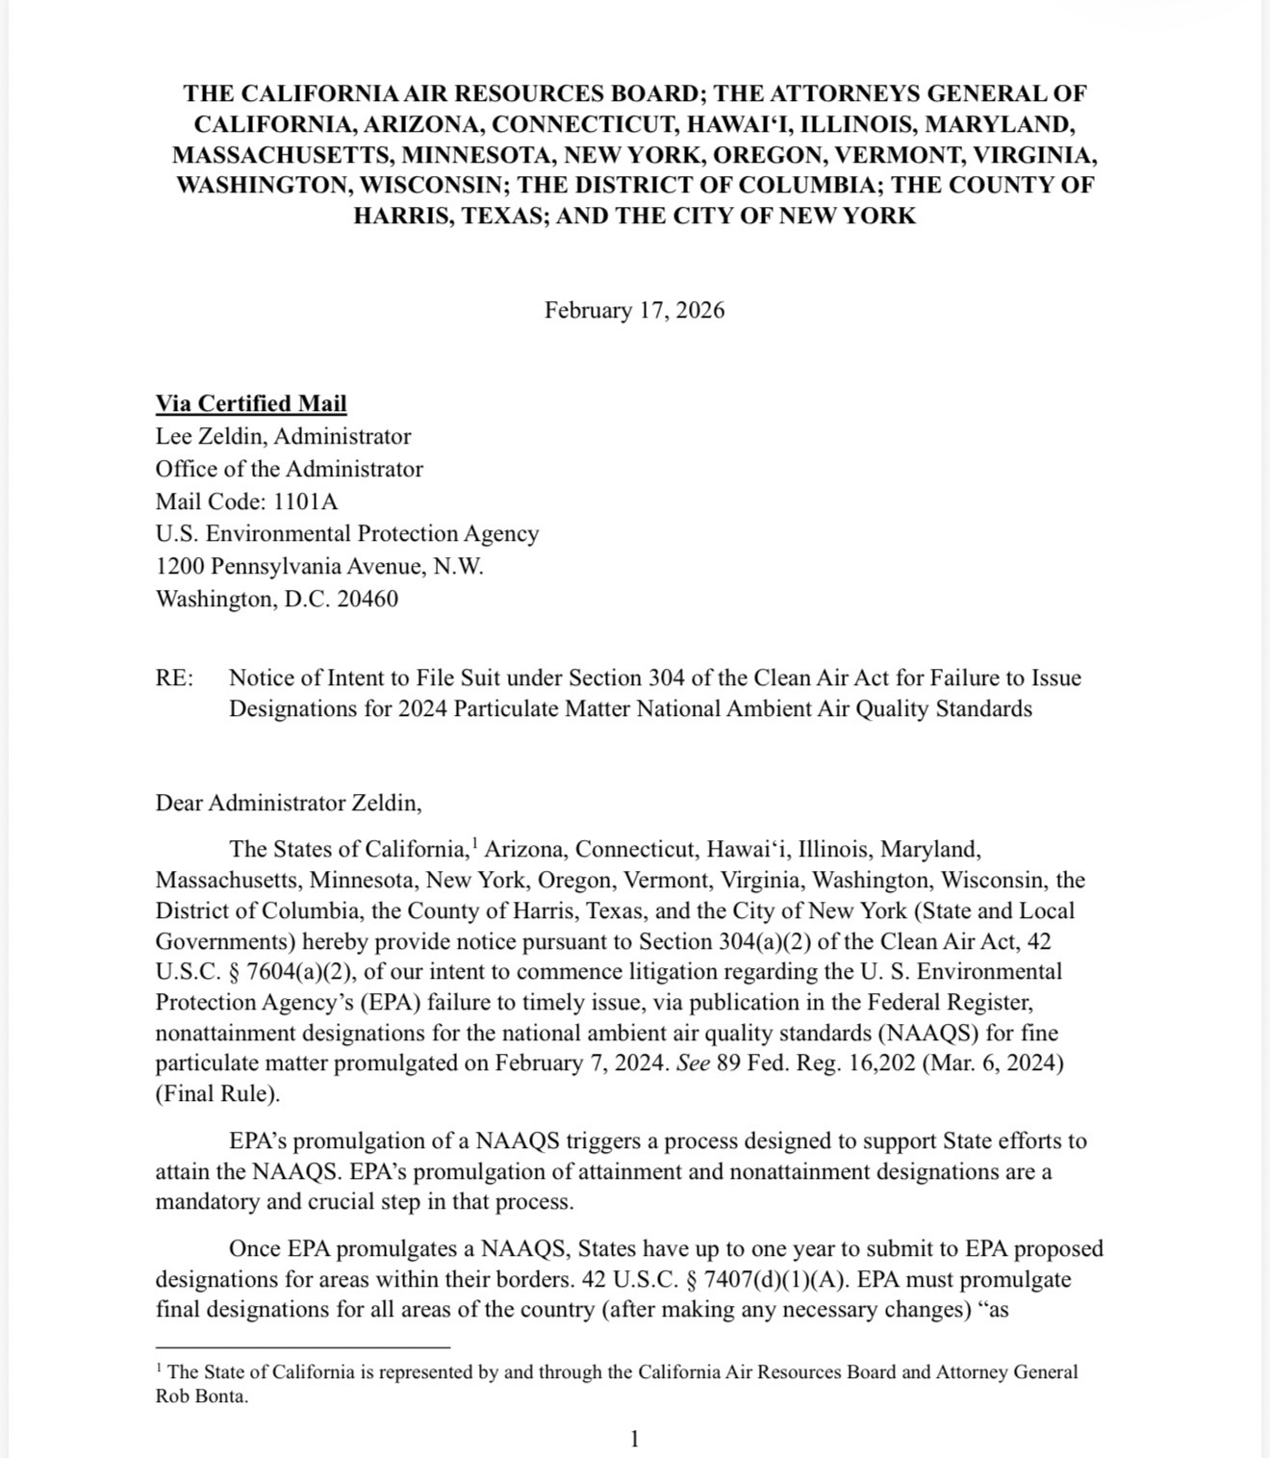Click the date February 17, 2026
pyautogui.click(x=634, y=311)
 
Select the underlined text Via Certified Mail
pyautogui.click(x=251, y=404)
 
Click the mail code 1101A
pyautogui.click(x=306, y=501)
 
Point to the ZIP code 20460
pyautogui.click(x=368, y=599)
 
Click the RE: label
pyautogui.click(x=174, y=678)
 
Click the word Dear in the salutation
pyautogui.click(x=179, y=803)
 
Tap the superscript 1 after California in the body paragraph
pyautogui.click(x=474, y=844)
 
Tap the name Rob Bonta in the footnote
pyautogui.click(x=202, y=1397)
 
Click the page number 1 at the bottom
pyautogui.click(x=634, y=1440)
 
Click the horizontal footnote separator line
pyautogui.click(x=302, y=1348)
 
